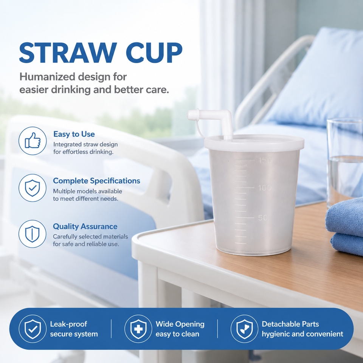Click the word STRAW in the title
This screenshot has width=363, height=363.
pos(68,53)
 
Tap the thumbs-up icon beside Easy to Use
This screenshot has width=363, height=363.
pos(33,141)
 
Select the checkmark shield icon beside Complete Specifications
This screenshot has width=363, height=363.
pos(33,188)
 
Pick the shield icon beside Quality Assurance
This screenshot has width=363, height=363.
pos(33,234)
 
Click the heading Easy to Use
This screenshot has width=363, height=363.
pos(74,134)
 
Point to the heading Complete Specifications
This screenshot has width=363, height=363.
pos(96,181)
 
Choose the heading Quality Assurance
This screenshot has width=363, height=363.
pos(85,226)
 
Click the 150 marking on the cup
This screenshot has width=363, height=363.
pos(265,160)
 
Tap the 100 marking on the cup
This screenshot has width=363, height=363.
pos(265,188)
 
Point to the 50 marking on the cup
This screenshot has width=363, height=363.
pos(263,218)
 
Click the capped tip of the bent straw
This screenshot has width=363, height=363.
pos(192,115)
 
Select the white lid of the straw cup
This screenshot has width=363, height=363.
pos(254,143)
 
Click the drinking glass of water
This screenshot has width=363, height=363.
pos(345,162)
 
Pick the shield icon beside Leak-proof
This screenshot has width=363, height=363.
pos(33,329)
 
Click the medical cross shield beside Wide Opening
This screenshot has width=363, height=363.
pos(138,329)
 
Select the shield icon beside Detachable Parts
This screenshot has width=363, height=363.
pos(245,329)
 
